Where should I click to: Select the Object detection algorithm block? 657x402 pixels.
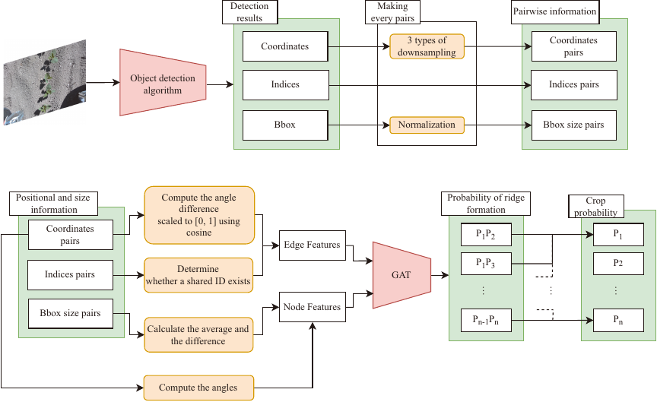[x=162, y=84]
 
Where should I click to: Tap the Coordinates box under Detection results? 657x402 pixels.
[x=285, y=46]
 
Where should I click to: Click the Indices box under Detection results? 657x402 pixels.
[x=285, y=84]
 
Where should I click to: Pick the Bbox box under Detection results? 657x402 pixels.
[x=285, y=124]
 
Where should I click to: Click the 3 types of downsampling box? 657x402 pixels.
[x=427, y=46]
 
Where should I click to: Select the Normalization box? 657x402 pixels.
[x=427, y=125]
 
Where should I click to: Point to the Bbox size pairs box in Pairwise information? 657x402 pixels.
[x=573, y=124]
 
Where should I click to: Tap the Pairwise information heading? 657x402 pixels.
[x=560, y=11]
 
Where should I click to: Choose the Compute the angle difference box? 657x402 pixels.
[x=198, y=215]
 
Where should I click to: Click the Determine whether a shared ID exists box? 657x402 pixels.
[x=198, y=274]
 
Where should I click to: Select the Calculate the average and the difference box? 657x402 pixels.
[x=198, y=334]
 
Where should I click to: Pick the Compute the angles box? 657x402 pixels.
[x=198, y=388]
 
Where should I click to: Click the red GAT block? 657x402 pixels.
[x=401, y=274]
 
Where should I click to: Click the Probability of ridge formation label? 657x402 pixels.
[x=486, y=204]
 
